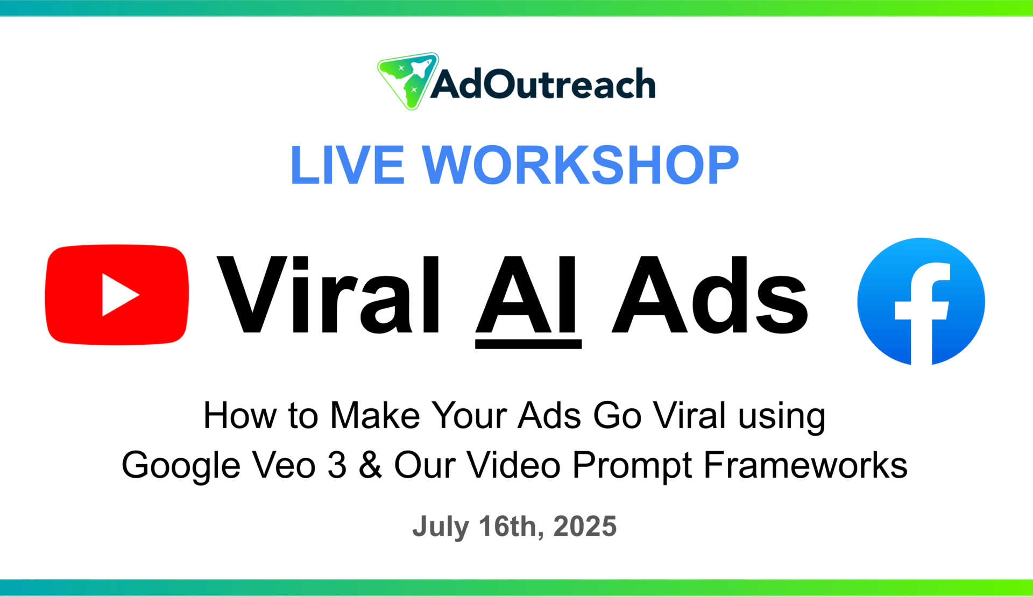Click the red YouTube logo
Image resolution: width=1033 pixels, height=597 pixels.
117,295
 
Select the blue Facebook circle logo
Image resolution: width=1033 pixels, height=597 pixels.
921,301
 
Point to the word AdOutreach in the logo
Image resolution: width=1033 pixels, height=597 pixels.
543,84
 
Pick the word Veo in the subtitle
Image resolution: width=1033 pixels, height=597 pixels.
284,465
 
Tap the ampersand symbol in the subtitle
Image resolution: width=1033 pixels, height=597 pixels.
370,465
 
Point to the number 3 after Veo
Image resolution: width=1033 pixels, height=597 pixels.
337,465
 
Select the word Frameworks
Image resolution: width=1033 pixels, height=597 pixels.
805,465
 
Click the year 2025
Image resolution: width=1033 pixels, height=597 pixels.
585,526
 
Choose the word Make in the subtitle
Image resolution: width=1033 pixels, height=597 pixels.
375,416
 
